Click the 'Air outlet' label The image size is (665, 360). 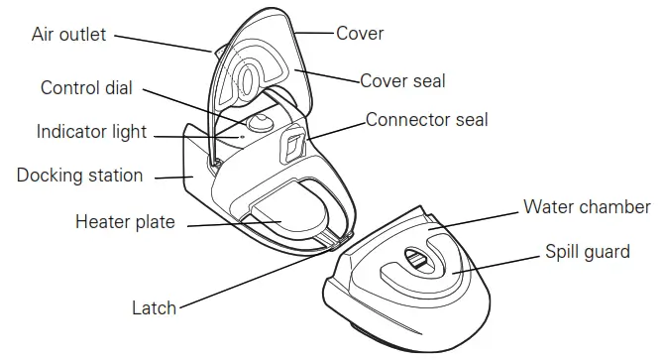(68, 36)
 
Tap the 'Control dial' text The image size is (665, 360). (86, 88)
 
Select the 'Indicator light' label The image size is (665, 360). (91, 132)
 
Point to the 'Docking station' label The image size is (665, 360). (79, 176)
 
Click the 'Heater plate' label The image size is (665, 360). (125, 222)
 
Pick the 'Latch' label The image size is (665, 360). (154, 307)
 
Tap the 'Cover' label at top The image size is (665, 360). (360, 34)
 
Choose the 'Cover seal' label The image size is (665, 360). (402, 81)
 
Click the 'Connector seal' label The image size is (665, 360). (426, 120)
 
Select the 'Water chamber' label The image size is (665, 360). (587, 208)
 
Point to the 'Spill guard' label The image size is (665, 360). (587, 252)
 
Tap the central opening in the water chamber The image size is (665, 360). (416, 260)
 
